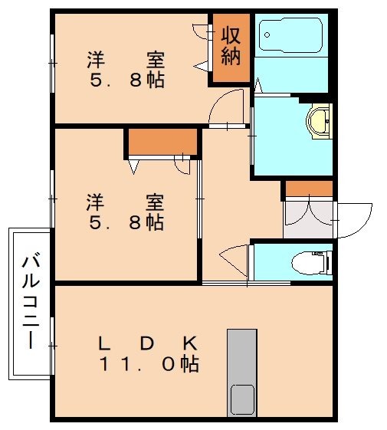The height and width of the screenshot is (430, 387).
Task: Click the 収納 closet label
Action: click(x=231, y=46)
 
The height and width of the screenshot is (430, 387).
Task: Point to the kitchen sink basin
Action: click(x=242, y=398)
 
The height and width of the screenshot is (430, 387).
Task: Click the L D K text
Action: click(x=149, y=343)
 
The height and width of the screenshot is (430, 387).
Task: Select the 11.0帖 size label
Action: click(x=149, y=364)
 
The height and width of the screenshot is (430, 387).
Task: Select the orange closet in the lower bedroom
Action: click(x=162, y=143)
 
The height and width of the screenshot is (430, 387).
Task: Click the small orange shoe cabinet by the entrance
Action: click(x=308, y=188)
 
